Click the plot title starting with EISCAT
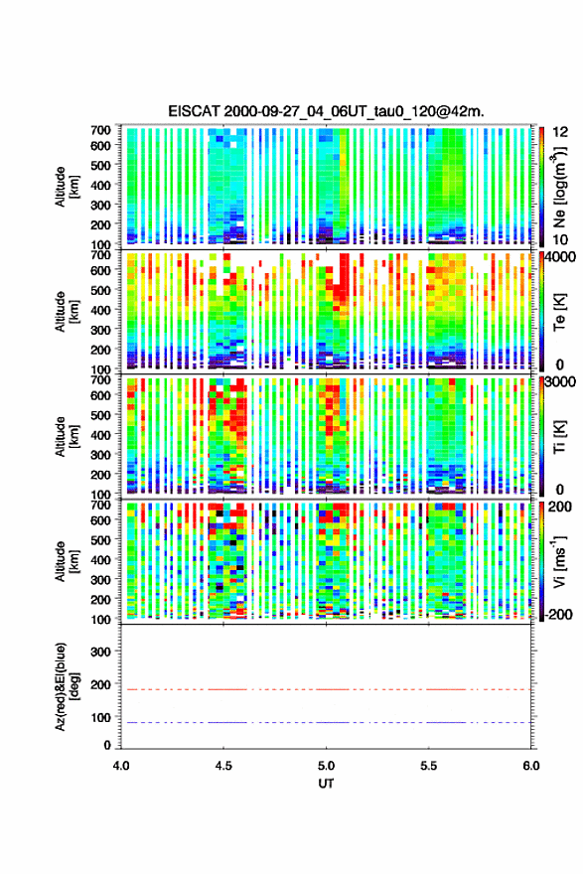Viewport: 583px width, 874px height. (326, 111)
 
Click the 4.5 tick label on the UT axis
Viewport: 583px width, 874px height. (223, 766)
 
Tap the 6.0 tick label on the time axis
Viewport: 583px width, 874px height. (531, 766)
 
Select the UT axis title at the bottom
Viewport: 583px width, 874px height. (326, 784)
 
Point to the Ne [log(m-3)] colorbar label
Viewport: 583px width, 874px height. (560, 187)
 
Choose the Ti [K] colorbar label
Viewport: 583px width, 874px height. (559, 436)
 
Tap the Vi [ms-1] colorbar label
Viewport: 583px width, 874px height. (559, 561)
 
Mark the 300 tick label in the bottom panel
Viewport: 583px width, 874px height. (100, 652)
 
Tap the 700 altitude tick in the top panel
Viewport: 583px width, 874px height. (100, 130)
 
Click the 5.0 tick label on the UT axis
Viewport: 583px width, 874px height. (326, 766)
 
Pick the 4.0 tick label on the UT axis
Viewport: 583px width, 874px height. (121, 766)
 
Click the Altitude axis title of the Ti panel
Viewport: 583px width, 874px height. (67, 436)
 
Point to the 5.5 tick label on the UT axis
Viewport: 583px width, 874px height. (429, 766)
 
